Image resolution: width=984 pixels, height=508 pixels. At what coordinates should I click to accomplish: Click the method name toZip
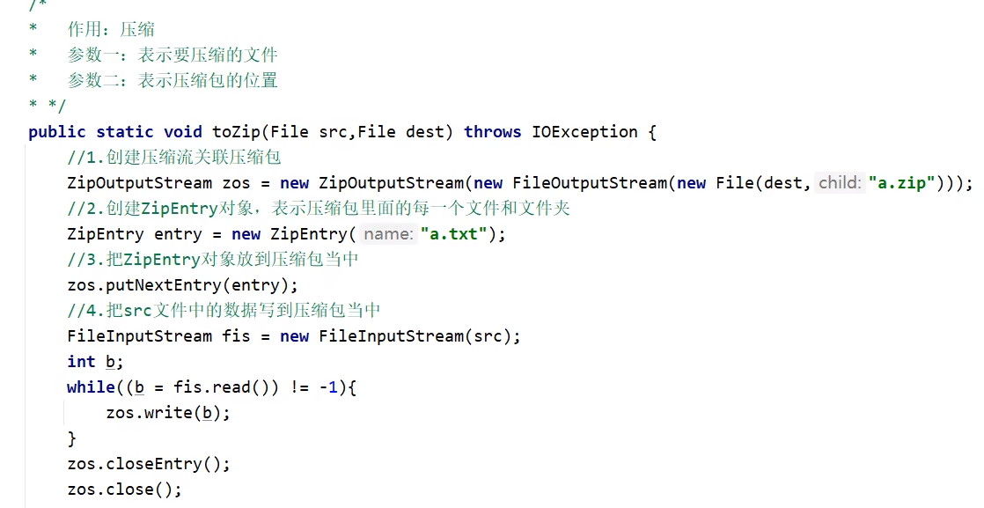pyautogui.click(x=237, y=132)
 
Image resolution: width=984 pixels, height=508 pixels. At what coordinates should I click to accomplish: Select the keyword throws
pyautogui.click(x=492, y=132)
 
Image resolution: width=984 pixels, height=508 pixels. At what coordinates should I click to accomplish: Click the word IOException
pyautogui.click(x=584, y=132)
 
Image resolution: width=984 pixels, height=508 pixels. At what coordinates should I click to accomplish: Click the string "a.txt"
pyautogui.click(x=452, y=234)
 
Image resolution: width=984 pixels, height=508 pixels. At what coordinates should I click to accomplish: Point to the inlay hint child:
pyautogui.click(x=839, y=183)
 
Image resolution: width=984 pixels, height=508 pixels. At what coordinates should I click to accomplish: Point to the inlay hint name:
pyautogui.click(x=386, y=234)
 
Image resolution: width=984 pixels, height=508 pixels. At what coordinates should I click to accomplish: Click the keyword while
pyautogui.click(x=91, y=387)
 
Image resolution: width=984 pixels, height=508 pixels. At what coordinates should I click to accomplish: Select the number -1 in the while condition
pyautogui.click(x=327, y=387)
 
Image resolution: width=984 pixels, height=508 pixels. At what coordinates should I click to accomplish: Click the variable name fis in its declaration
pyautogui.click(x=236, y=336)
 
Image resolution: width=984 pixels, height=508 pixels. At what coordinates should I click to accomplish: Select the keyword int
pyautogui.click(x=81, y=362)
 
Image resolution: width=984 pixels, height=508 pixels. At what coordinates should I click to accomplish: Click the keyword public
pyautogui.click(x=57, y=132)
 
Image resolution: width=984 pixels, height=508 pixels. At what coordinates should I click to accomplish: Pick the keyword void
pyautogui.click(x=183, y=132)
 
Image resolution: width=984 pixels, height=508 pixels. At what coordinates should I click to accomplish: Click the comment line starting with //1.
pyautogui.click(x=173, y=158)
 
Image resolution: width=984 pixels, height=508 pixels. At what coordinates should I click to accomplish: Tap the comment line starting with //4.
pyautogui.click(x=224, y=311)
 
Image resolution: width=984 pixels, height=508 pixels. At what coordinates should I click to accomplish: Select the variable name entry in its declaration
pyautogui.click(x=179, y=234)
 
